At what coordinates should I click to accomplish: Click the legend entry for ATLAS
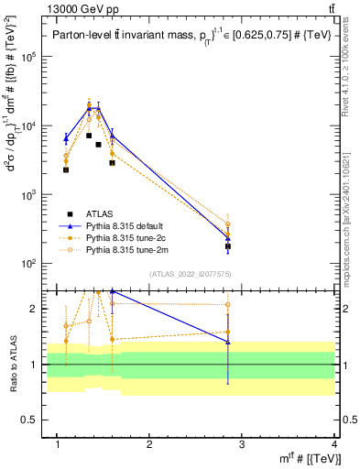coord(100,214)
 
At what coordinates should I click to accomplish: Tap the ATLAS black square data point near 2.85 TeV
coord(228,246)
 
